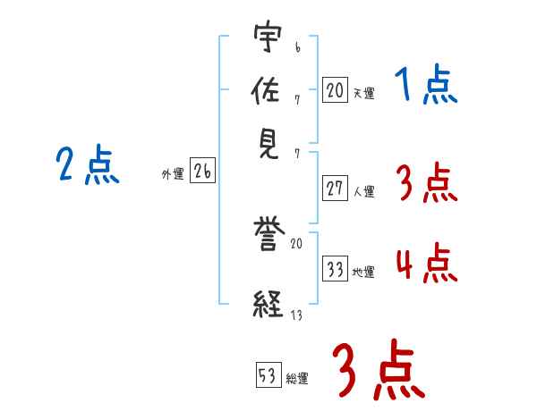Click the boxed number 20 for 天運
pos(335,89)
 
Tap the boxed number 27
pos(335,189)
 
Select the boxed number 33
pos(335,269)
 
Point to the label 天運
pos(363,92)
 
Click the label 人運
pos(363,191)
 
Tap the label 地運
pos(363,272)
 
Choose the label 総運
pos(297,378)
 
